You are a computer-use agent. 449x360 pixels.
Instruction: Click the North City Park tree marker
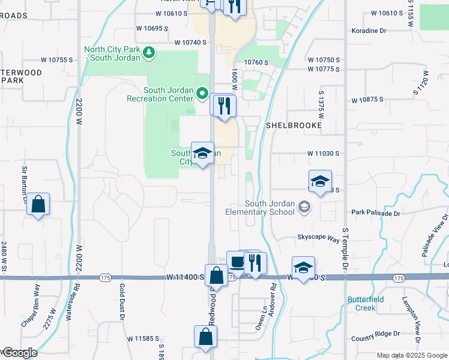pyautogui.click(x=149, y=53)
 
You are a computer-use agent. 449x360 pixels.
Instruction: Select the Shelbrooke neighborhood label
pyautogui.click(x=294, y=125)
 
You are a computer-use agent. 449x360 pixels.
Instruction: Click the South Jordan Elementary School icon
pyautogui.click(x=305, y=206)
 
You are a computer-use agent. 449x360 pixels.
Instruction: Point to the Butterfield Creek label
pyautogui.click(x=361, y=304)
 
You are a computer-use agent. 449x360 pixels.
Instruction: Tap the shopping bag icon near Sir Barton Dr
pyautogui.click(x=38, y=205)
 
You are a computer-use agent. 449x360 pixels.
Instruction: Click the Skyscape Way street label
pyautogui.click(x=318, y=238)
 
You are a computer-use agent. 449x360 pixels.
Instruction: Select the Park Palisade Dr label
pyautogui.click(x=375, y=212)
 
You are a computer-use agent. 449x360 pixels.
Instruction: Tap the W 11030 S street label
pyautogui.click(x=323, y=154)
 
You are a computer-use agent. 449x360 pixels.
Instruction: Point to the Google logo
pyautogui.click(x=19, y=353)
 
